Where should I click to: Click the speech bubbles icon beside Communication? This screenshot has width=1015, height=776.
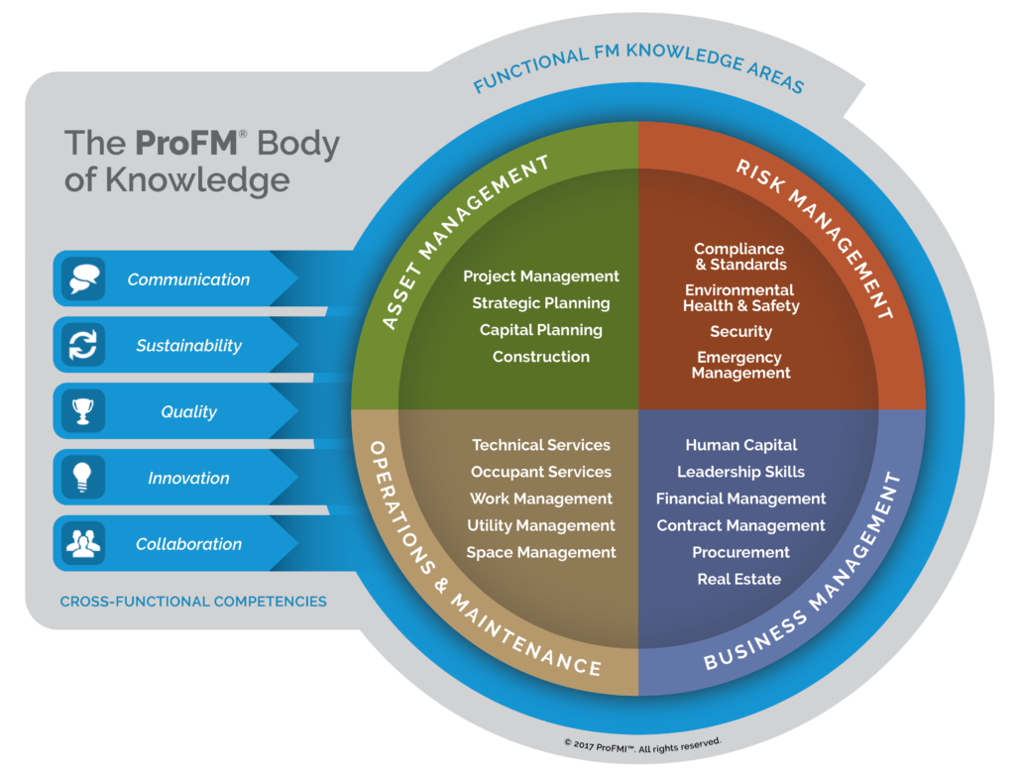pos(83,278)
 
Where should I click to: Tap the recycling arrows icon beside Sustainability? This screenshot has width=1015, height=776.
pos(83,344)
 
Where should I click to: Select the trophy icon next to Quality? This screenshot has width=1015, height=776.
pos(83,411)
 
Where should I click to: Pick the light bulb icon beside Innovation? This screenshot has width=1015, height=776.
pos(82,478)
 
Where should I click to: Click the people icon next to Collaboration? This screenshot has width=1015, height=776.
pos(83,544)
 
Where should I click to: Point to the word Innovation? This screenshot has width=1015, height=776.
pos(188,479)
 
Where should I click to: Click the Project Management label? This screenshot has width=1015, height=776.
pos(541,277)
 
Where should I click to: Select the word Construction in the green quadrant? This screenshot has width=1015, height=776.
pos(541,357)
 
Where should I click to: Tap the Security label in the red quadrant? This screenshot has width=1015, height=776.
pos(741,332)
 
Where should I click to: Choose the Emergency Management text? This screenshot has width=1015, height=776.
pos(740,365)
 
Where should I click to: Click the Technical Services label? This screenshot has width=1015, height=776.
pos(541,445)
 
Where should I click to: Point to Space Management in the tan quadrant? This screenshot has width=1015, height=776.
pos(541,553)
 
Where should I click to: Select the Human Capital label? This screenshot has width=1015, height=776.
pos(741,445)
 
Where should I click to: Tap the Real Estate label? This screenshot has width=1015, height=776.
pos(739,579)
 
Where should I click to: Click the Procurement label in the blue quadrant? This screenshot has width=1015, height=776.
pos(741,552)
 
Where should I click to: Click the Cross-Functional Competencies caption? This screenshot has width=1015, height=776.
pos(193,602)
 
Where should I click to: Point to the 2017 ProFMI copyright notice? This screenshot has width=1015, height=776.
pos(642,745)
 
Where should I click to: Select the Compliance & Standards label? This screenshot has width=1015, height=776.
pos(739,257)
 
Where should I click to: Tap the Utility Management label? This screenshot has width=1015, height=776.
pos(541,525)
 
